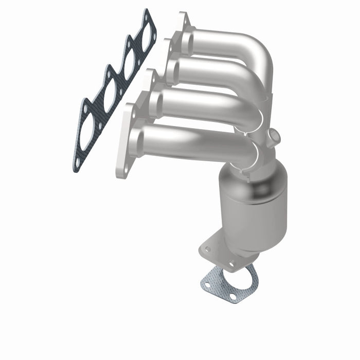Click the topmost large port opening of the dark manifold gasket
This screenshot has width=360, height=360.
[146, 34]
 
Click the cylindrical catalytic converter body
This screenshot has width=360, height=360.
[252, 206]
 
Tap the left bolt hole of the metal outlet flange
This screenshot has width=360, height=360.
[207, 249]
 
